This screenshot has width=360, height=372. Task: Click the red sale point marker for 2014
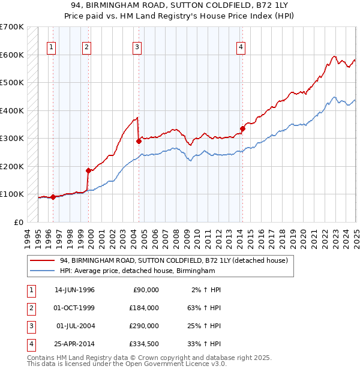click(243, 128)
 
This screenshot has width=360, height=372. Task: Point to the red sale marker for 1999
click(88, 170)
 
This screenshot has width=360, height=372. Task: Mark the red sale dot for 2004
click(139, 142)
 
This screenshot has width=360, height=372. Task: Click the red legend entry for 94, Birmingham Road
click(174, 261)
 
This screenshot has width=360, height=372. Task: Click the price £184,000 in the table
click(145, 308)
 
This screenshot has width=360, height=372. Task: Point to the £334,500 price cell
click(145, 344)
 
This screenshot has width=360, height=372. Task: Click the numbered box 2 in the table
click(30, 308)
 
